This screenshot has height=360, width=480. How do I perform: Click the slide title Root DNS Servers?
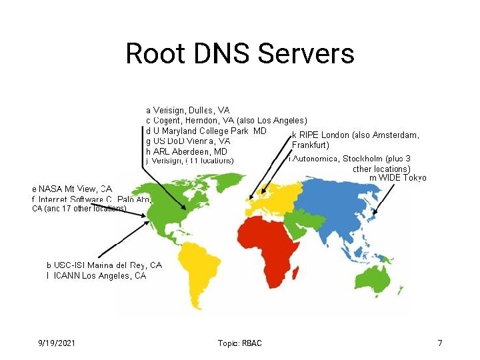point(239,53)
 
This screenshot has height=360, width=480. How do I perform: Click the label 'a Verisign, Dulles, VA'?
point(188,109)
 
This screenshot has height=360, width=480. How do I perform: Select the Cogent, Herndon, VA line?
point(227,120)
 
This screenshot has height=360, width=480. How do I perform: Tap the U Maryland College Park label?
point(206,131)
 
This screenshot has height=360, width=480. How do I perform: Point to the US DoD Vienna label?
point(188,141)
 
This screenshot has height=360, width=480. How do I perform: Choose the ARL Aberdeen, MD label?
point(187,151)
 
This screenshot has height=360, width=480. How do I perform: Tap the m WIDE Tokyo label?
point(398,177)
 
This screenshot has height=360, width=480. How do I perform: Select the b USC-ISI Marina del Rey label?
point(104,265)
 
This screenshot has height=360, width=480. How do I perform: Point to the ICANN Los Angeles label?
point(97,275)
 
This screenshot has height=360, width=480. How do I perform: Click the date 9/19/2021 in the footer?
point(57,343)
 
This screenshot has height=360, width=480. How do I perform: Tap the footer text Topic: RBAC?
point(240,343)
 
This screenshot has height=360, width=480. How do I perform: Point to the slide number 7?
point(440,343)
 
